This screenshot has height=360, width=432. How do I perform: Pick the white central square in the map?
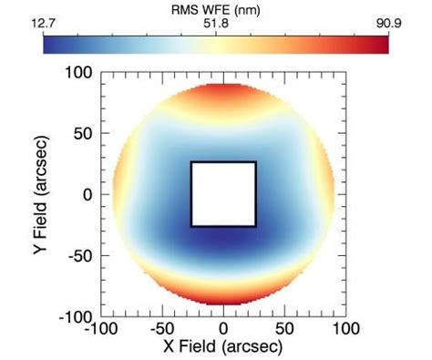click(x=223, y=194)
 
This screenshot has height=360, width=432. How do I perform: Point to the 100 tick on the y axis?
click(x=77, y=74)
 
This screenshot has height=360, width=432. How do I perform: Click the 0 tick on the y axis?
click(x=87, y=195)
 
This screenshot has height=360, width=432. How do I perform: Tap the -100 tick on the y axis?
click(x=75, y=315)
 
